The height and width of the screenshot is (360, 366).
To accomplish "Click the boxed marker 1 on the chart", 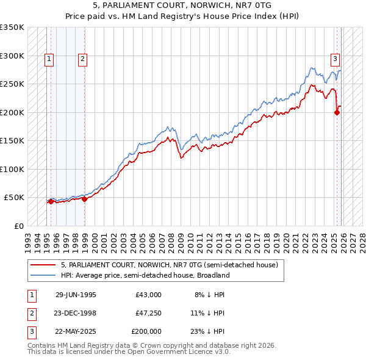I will pyautogui.click(x=49, y=59).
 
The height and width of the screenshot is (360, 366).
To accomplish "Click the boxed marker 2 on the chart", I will pyautogui.click(x=82, y=59).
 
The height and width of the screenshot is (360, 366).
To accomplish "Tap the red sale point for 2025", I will pyautogui.click(x=337, y=112).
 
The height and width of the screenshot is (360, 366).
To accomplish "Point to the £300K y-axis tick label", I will pyautogui.click(x=12, y=56).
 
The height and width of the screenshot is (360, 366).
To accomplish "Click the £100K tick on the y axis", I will pyautogui.click(x=12, y=169).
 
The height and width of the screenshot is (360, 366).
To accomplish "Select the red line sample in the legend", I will pyautogui.click(x=43, y=265).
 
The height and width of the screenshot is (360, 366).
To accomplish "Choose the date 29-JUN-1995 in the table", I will pyautogui.click(x=76, y=294).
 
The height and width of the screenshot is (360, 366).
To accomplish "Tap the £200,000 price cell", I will pyautogui.click(x=146, y=332).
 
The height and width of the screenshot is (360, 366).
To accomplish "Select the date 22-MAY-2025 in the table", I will pyautogui.click(x=76, y=332).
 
